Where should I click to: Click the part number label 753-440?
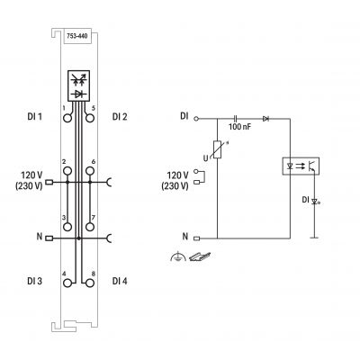click(77, 36)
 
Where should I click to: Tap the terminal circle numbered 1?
click(67, 119)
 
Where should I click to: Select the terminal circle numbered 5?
click(90, 119)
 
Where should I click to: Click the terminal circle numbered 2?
click(67, 171)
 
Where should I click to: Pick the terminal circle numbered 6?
click(90, 171)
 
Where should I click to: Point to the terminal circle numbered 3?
click(67, 227)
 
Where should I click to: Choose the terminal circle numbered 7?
click(90, 227)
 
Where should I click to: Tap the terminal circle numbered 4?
click(67, 283)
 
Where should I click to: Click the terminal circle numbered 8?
click(90, 283)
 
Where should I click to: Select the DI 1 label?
click(35, 116)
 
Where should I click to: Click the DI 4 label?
click(120, 281)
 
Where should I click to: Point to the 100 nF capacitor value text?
click(239, 127)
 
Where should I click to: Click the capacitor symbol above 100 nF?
click(235, 119)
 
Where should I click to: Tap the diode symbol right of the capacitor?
click(265, 119)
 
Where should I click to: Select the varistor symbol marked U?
click(217, 149)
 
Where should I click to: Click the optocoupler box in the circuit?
click(301, 166)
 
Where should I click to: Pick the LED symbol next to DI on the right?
click(314, 202)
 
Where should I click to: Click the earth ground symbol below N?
click(177, 256)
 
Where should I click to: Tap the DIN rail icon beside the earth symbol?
click(200, 256)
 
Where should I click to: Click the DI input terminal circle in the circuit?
click(196, 119)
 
